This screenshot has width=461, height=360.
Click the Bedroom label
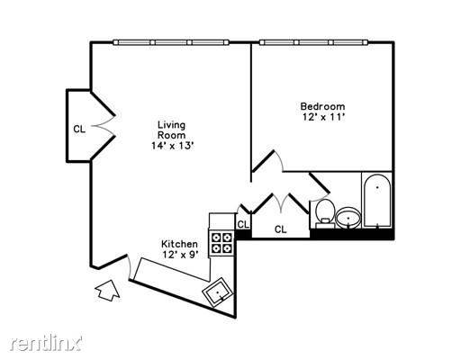(x=322, y=106)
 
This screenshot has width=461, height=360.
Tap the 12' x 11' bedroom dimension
(x=323, y=117)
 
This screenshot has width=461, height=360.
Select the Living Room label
(x=172, y=130)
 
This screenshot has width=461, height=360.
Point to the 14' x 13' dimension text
(x=172, y=146)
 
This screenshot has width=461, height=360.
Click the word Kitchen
(x=179, y=244)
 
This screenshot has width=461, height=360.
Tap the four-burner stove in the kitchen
(x=222, y=243)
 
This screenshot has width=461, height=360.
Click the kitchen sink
(x=218, y=292)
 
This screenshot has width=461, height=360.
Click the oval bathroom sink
(x=348, y=218)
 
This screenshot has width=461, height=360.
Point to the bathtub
(x=377, y=201)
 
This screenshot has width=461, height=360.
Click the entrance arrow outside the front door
(x=107, y=290)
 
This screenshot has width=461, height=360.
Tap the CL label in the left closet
(x=79, y=130)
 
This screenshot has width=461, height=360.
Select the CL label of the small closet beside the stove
(x=243, y=224)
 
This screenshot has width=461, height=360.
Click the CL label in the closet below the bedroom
(x=281, y=229)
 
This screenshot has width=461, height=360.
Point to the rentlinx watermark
(x=46, y=342)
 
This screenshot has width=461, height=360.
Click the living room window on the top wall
(x=171, y=42)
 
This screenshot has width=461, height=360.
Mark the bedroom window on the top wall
(x=314, y=42)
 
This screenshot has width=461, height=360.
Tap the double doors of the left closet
(x=104, y=126)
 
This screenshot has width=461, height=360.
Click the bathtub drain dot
(x=377, y=187)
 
